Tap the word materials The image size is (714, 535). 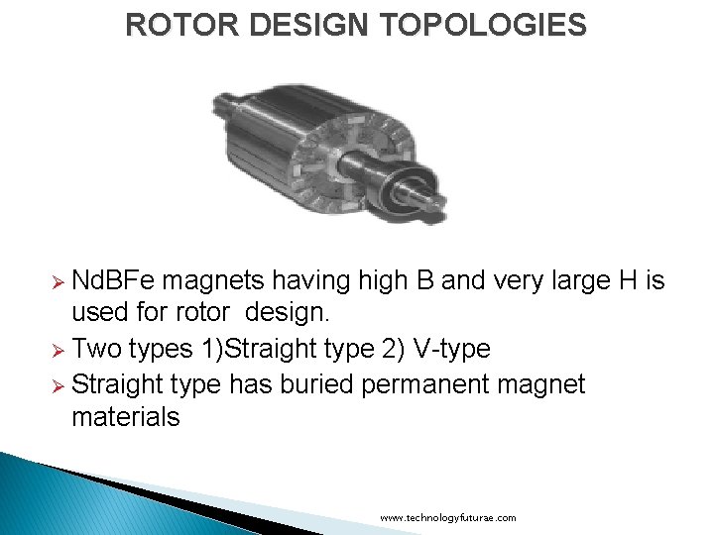click(126, 417)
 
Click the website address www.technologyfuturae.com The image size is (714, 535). click(448, 518)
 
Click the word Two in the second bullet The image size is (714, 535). click(98, 350)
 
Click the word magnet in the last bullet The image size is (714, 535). click(536, 383)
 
